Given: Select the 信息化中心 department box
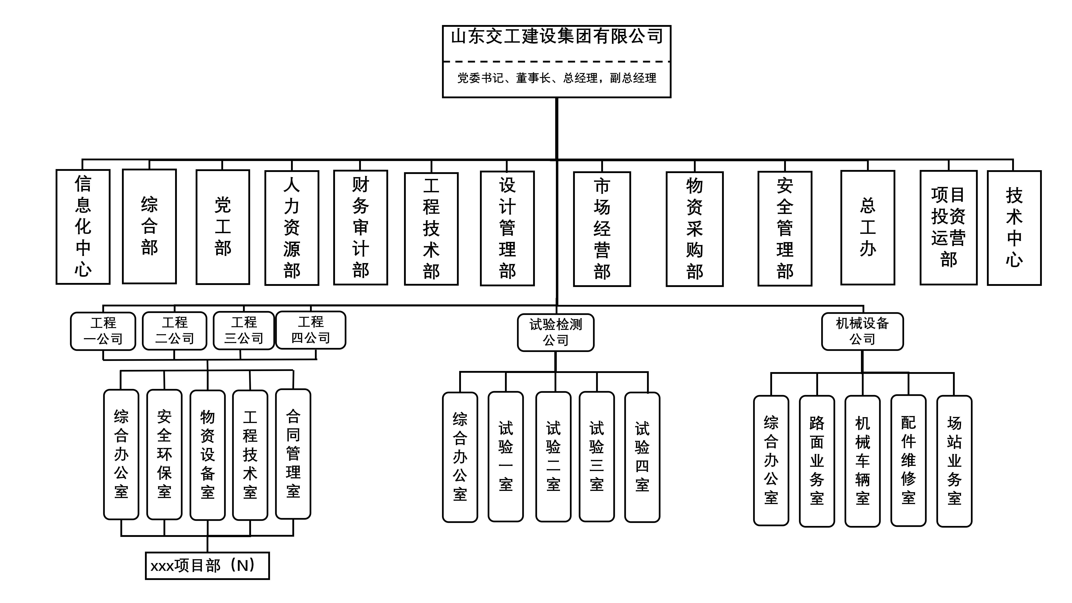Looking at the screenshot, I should tap(83, 227).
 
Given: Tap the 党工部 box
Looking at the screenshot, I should tap(223, 227).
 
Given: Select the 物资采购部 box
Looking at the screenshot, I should tap(695, 229).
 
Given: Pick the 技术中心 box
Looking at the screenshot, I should tap(1014, 228).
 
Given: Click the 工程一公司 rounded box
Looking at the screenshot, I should tap(103, 331).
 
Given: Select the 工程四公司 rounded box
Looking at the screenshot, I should tap(311, 330).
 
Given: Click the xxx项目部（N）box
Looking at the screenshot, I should tap(207, 565).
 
